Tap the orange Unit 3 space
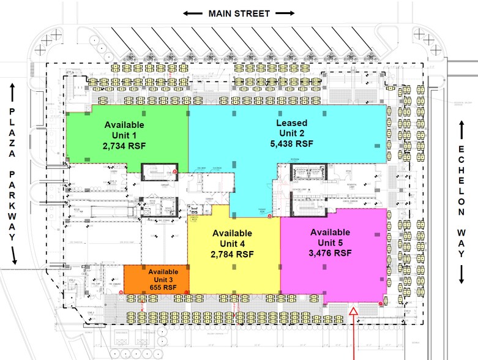click(x=138, y=279)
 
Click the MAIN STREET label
click(x=239, y=13)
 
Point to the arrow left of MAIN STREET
click(x=193, y=13)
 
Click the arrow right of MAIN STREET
click(x=285, y=13)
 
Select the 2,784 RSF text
click(x=232, y=253)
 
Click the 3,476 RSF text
click(x=330, y=252)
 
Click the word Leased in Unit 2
click(x=292, y=123)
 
